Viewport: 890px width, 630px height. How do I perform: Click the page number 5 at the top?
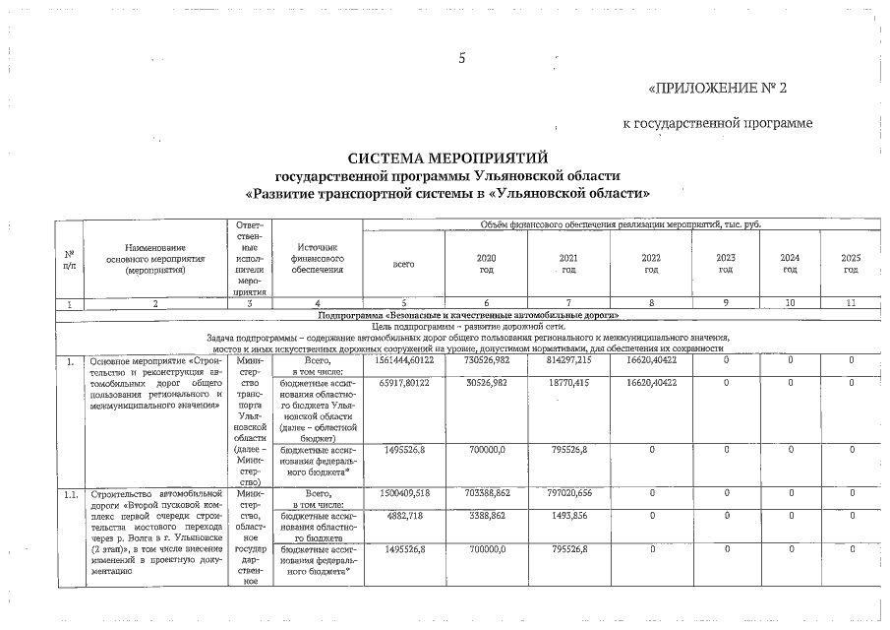pyautogui.click(x=462, y=57)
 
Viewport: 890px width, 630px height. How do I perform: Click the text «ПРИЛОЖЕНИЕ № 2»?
pyautogui.click(x=718, y=88)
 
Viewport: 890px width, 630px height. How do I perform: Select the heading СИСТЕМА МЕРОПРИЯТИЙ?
pyautogui.click(x=447, y=157)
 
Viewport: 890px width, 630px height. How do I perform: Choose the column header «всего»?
pyautogui.click(x=403, y=264)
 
